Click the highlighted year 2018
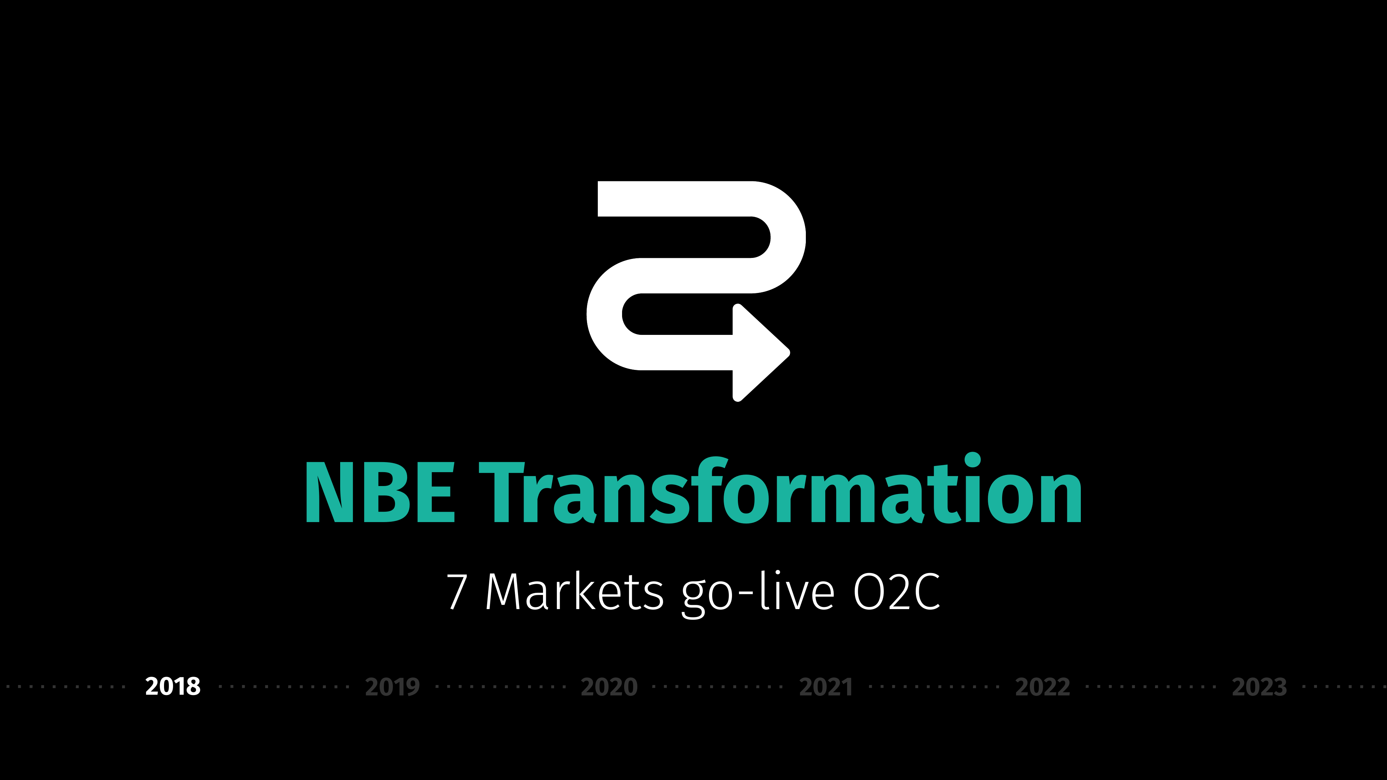coord(173,686)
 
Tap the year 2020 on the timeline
coord(609,687)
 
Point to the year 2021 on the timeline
coord(826,687)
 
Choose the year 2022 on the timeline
coord(1042,687)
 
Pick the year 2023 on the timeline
coord(1259,687)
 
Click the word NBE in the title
coord(380,492)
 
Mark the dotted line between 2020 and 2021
coord(717,687)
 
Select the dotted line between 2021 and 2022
coord(934,687)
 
